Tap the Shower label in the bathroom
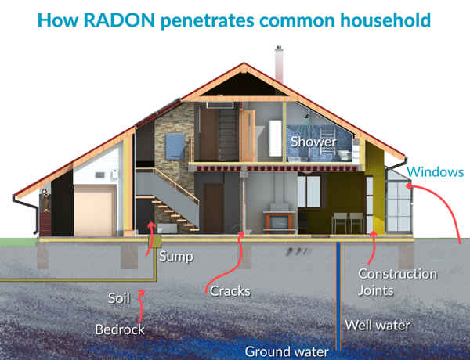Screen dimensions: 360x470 (313, 142)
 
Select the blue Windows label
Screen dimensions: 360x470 (436, 172)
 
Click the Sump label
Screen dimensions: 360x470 (175, 256)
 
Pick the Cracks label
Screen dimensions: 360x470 (230, 291)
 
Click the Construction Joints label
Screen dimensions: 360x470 (397, 283)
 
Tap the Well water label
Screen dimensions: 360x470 (379, 323)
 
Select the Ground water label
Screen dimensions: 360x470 (287, 351)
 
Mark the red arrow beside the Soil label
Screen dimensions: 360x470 (141, 296)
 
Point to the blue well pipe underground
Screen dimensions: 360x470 (338, 297)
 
